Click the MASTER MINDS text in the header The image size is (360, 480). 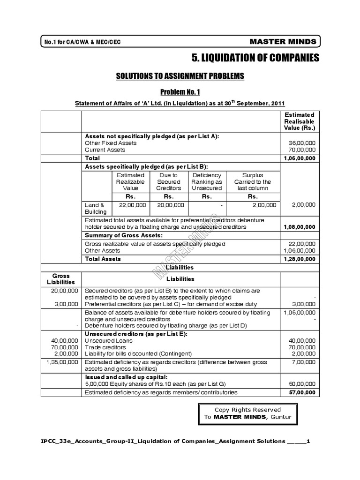click(283, 42)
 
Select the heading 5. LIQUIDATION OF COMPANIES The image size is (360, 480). click(255, 58)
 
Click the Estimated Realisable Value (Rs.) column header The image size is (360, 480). click(300, 121)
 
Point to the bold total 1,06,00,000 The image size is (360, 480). click(300, 158)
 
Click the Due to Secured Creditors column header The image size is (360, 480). click(169, 181)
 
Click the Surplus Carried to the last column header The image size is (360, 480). click(253, 181)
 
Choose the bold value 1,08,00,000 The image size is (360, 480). click(300, 227)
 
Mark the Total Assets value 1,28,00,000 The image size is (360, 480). click(300, 259)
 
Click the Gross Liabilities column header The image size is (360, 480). click(61, 279)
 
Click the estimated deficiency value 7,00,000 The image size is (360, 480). click(304, 362)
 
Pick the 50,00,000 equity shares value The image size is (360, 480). click(303, 383)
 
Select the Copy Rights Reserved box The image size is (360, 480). click(247, 413)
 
